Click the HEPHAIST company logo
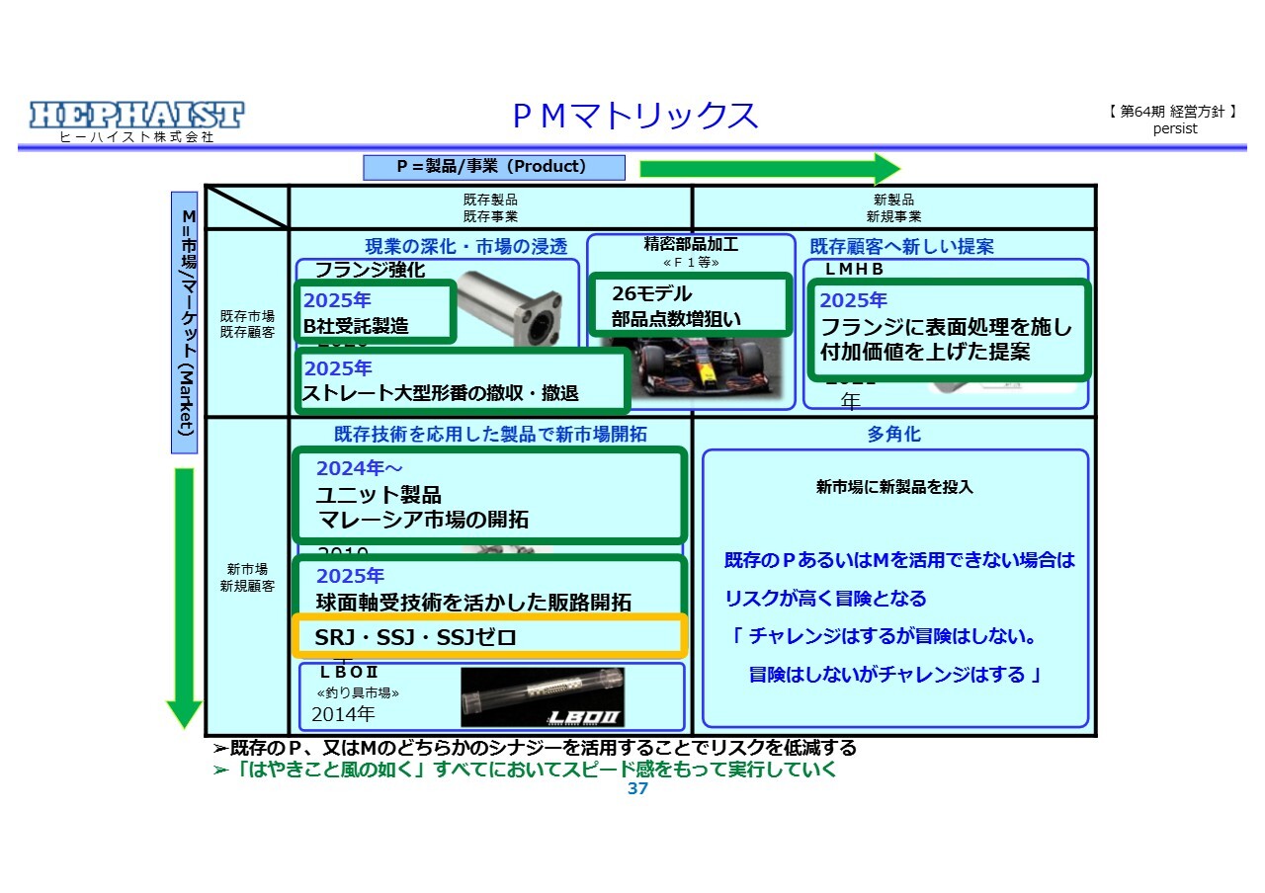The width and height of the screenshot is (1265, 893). pyautogui.click(x=136, y=116)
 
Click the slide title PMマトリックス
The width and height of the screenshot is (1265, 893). pyautogui.click(x=635, y=116)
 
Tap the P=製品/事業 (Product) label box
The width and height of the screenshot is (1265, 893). pyautogui.click(x=493, y=167)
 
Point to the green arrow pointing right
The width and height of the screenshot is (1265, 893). pyautogui.click(x=769, y=168)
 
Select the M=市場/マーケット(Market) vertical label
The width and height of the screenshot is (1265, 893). pyautogui.click(x=185, y=322)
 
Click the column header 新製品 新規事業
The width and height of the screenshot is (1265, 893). pyautogui.click(x=893, y=207)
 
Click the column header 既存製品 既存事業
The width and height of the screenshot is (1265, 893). pyautogui.click(x=490, y=207)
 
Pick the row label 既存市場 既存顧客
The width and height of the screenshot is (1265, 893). pyautogui.click(x=247, y=324)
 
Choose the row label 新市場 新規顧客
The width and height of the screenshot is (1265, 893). pyautogui.click(x=247, y=577)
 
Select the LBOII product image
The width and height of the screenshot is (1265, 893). pyautogui.click(x=544, y=697)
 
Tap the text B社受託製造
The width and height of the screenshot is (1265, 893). pyautogui.click(x=356, y=326)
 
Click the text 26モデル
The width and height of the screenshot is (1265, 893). pyautogui.click(x=651, y=294)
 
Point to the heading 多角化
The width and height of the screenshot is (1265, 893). pyautogui.click(x=893, y=435)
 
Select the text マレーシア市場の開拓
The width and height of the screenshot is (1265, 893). pyautogui.click(x=422, y=520)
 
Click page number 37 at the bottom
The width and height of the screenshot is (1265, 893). pyautogui.click(x=637, y=788)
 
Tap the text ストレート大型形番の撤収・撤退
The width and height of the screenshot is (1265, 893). pyautogui.click(x=441, y=393)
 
